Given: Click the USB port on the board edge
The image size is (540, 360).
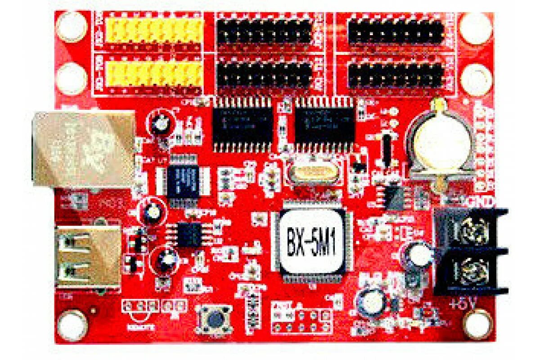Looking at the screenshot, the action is click(88, 257).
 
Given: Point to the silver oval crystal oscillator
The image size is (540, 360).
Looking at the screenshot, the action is click(310, 173).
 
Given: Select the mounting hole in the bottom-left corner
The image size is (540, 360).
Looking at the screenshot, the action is click(72, 324).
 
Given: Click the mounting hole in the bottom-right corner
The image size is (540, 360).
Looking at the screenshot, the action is click(478, 324).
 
